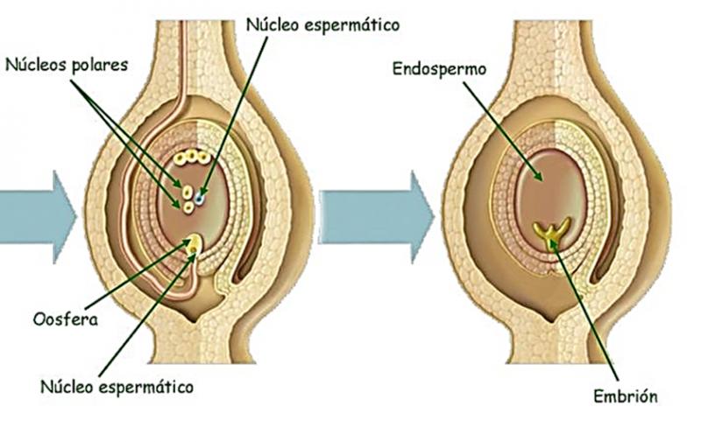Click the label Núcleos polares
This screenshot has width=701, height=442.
(x=67, y=65)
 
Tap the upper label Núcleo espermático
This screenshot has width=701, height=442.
(x=322, y=25)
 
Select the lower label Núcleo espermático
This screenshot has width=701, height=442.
(x=117, y=387)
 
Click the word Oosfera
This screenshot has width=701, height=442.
(x=66, y=319)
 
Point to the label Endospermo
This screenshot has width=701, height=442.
(x=440, y=70)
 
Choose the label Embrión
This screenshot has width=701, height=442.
(x=626, y=396)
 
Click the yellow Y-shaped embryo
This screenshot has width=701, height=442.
(x=552, y=232)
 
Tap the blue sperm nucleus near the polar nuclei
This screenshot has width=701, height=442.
(x=199, y=197)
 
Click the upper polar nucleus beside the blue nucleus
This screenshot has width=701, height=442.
(x=188, y=193)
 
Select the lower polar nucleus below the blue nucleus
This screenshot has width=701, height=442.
(x=188, y=207)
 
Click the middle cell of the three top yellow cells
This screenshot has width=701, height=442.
(x=192, y=156)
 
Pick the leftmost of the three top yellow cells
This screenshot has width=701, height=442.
(x=180, y=158)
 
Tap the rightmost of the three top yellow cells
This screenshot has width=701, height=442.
(x=204, y=158)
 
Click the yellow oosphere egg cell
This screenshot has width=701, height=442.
(x=194, y=243)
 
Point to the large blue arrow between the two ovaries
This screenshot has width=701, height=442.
(x=377, y=217)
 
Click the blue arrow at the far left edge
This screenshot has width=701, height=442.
(x=38, y=217)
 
